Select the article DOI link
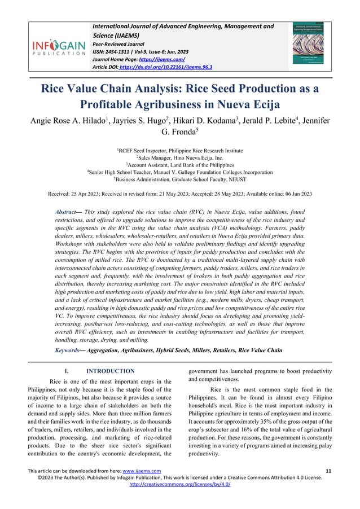(163, 67)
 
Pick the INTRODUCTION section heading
(110, 371)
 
